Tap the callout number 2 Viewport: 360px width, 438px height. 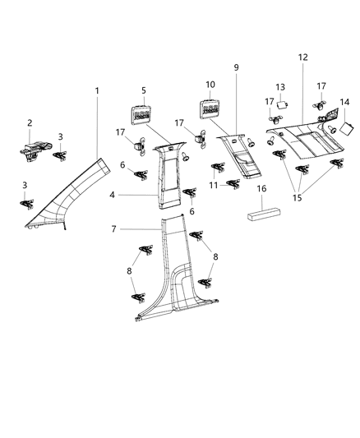30,123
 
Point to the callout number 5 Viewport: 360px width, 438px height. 143,90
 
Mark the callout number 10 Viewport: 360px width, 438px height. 210,85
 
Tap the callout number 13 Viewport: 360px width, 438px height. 279,87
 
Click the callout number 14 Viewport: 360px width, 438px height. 345,102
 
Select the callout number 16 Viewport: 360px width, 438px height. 262,189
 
